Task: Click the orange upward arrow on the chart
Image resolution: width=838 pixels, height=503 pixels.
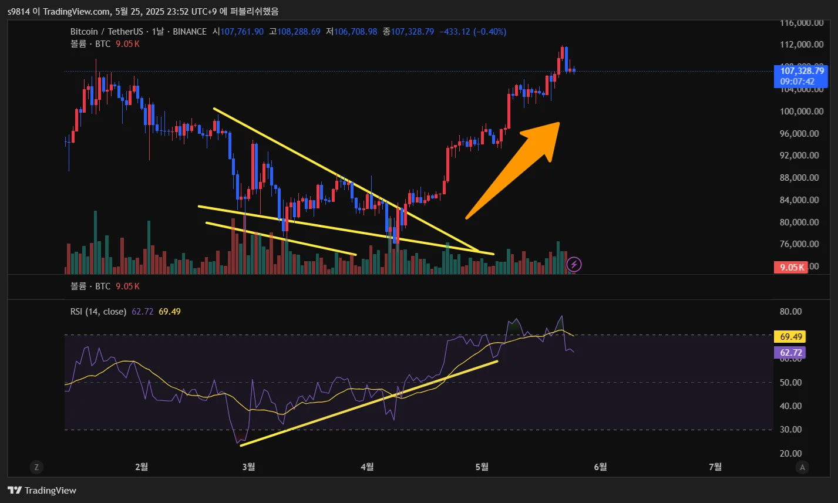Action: click(517, 167)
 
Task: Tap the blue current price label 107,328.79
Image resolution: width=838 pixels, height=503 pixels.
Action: click(802, 70)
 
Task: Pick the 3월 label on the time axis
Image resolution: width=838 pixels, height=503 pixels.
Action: click(248, 467)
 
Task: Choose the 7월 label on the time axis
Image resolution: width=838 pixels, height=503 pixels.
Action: click(715, 467)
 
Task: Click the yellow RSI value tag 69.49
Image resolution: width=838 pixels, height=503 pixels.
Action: click(790, 337)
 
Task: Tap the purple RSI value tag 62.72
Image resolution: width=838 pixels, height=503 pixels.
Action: click(790, 353)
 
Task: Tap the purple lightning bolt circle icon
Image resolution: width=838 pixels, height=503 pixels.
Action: click(574, 265)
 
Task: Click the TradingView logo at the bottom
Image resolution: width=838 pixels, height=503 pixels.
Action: click(42, 490)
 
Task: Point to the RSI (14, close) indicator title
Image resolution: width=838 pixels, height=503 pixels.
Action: click(98, 312)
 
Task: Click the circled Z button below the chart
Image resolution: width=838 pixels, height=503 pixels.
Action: click(36, 467)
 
